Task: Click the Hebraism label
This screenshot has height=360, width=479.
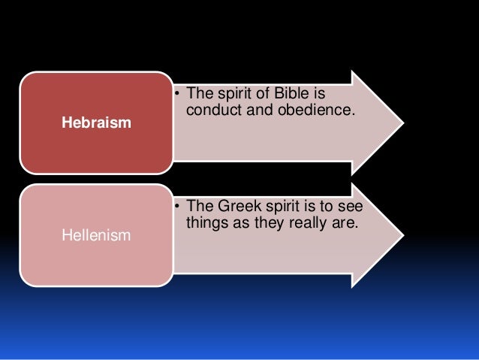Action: pos(96,123)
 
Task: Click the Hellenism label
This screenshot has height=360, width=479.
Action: pos(96,236)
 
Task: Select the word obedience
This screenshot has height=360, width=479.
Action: pos(315,111)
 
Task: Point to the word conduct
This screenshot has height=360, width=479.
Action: pos(209,111)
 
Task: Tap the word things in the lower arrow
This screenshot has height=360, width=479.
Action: pos(203,224)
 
